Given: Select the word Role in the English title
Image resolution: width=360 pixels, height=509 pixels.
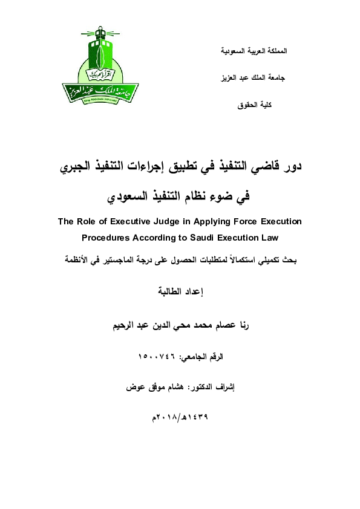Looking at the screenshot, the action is pos(86,222).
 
